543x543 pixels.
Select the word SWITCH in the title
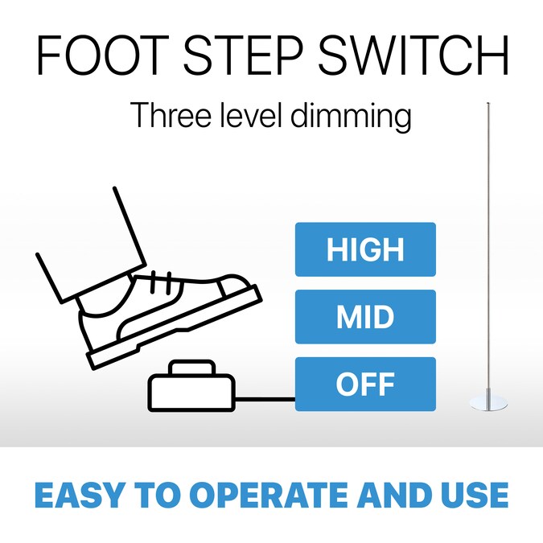413,55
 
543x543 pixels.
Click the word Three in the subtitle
171,114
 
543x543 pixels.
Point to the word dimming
351,117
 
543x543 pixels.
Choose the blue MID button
365,316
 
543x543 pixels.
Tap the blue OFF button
365,384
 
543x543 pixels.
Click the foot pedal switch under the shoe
191,386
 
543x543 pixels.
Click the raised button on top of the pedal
192,368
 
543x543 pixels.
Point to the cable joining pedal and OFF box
265,399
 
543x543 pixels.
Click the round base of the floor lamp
488,404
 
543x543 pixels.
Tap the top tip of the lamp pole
488,103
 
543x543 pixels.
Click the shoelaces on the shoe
160,282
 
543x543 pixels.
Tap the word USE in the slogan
475,495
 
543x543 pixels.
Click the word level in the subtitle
250,114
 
